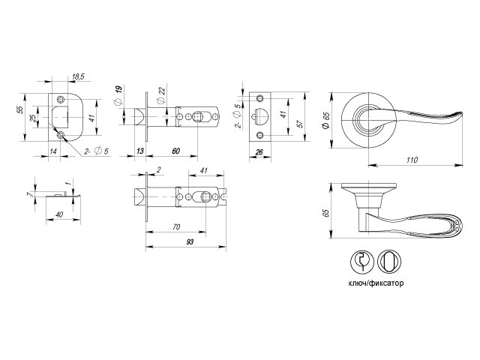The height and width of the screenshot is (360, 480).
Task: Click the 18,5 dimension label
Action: click(78, 76)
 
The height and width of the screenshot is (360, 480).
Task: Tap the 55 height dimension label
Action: click(19, 109)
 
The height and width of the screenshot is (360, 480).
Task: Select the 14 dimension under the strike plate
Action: click(53, 151)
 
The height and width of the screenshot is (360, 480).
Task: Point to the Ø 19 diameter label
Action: click(118, 95)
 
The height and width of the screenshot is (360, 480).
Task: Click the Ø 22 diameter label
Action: click(161, 95)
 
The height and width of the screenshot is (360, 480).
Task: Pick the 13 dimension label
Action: click(140, 151)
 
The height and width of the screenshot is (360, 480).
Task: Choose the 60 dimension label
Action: click(176, 151)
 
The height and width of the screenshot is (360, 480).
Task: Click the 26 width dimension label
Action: click(259, 152)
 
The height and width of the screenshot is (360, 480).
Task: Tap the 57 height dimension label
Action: click(300, 123)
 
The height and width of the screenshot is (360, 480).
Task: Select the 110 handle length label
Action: click(412, 160)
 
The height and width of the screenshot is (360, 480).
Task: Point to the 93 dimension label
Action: click(190, 241)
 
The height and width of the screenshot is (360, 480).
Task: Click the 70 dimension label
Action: click(176, 226)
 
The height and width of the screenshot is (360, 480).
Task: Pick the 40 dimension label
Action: click(59, 214)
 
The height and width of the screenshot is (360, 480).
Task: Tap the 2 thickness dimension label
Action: click(158, 170)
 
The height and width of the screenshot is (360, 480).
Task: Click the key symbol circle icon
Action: click(362, 262)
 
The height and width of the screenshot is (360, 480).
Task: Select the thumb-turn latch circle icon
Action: click(389, 262)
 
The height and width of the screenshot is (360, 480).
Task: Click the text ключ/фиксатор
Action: click(376, 283)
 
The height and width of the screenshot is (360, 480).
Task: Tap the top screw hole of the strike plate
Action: click(61, 100)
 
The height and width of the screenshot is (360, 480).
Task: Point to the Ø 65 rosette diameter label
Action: click(326, 121)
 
